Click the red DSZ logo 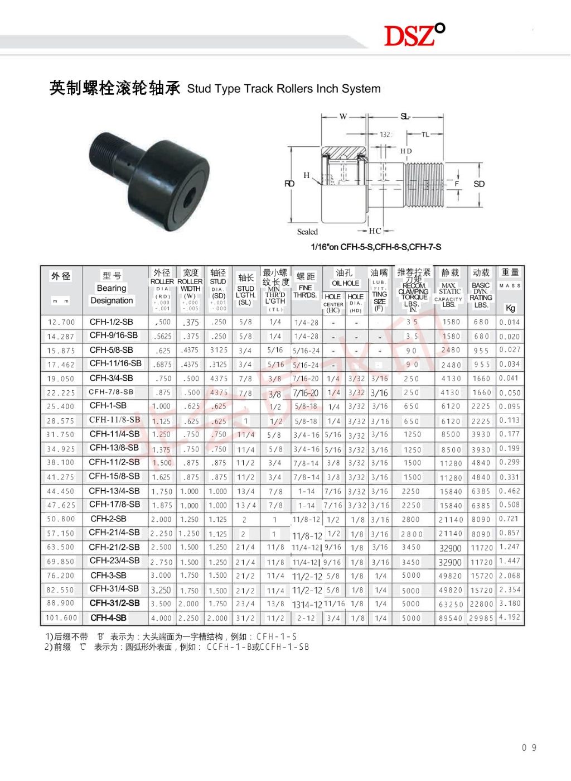point(414,35)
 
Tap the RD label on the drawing point(289,184)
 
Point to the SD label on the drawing point(479,184)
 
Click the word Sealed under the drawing point(307,232)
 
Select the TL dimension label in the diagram point(425,135)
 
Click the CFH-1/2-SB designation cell point(112,322)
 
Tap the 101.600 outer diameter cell point(61,618)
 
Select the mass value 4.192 point(510,617)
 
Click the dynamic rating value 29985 point(481,618)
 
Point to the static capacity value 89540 point(451,618)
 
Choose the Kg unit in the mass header point(510,308)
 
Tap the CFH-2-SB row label point(109,519)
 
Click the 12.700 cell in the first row point(61,322)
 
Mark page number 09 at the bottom point(529,748)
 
